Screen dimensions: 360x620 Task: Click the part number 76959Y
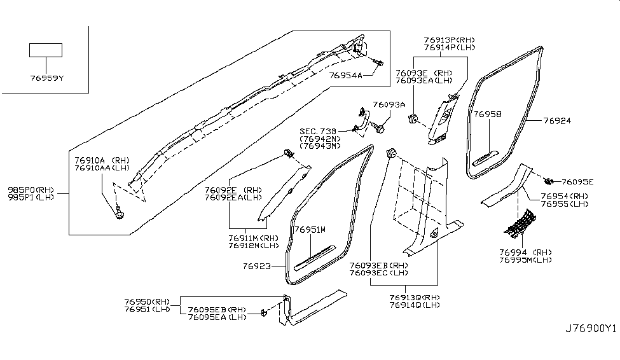click(x=46, y=78)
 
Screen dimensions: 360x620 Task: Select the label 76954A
click(x=345, y=76)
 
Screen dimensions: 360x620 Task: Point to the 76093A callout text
click(x=389, y=104)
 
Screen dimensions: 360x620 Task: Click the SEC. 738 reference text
click(x=319, y=131)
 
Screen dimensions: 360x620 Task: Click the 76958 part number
click(x=488, y=114)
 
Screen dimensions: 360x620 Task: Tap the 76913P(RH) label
click(x=449, y=39)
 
